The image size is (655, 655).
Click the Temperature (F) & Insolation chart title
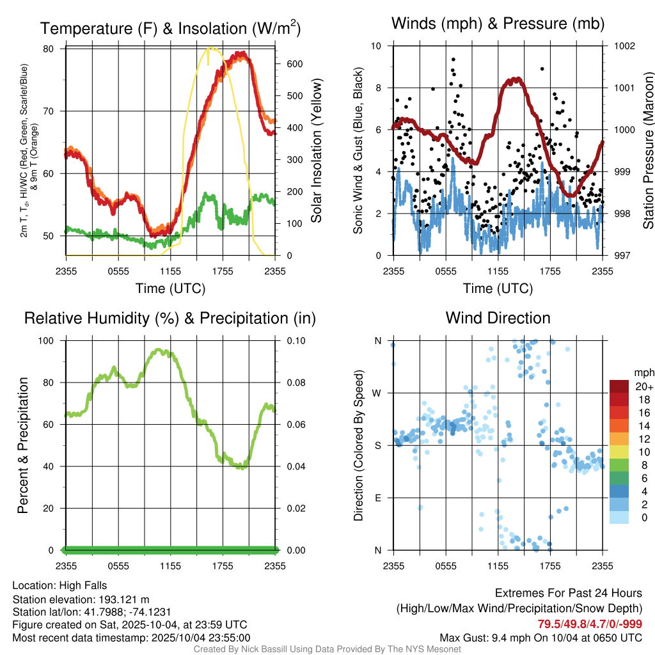coord(170,28)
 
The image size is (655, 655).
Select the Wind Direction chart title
coord(498,318)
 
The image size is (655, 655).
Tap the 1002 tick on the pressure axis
coord(624,46)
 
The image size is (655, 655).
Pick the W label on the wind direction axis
coord(377,393)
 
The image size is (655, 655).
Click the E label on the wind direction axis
coord(378,498)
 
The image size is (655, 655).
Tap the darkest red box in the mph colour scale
coord(619,386)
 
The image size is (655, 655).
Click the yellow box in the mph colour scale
coord(619,452)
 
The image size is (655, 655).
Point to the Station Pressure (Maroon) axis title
coord(647,151)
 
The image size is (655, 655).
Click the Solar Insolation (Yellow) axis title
coord(316,151)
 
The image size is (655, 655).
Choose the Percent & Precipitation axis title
coord(23,445)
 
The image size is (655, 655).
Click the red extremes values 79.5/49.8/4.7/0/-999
coord(590,624)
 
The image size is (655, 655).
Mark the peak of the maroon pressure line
coord(516,80)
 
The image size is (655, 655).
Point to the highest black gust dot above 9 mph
coord(453,59)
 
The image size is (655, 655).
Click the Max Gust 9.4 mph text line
coord(541,638)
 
